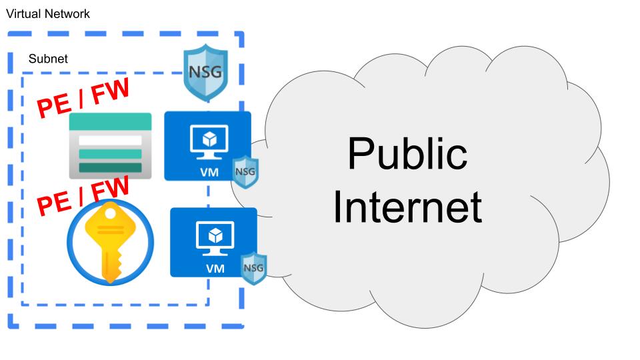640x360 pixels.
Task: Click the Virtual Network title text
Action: point(48,13)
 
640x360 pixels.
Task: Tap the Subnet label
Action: point(48,59)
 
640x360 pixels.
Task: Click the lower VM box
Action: point(213,242)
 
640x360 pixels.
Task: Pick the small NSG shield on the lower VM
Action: point(253,268)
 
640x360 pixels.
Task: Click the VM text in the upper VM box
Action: point(207,172)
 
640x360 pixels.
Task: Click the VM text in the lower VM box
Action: point(215,268)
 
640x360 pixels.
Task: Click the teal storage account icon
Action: point(110,145)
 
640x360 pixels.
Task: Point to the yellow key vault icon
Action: point(110,243)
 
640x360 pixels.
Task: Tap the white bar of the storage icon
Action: point(110,141)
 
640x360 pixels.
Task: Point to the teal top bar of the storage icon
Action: point(110,121)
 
